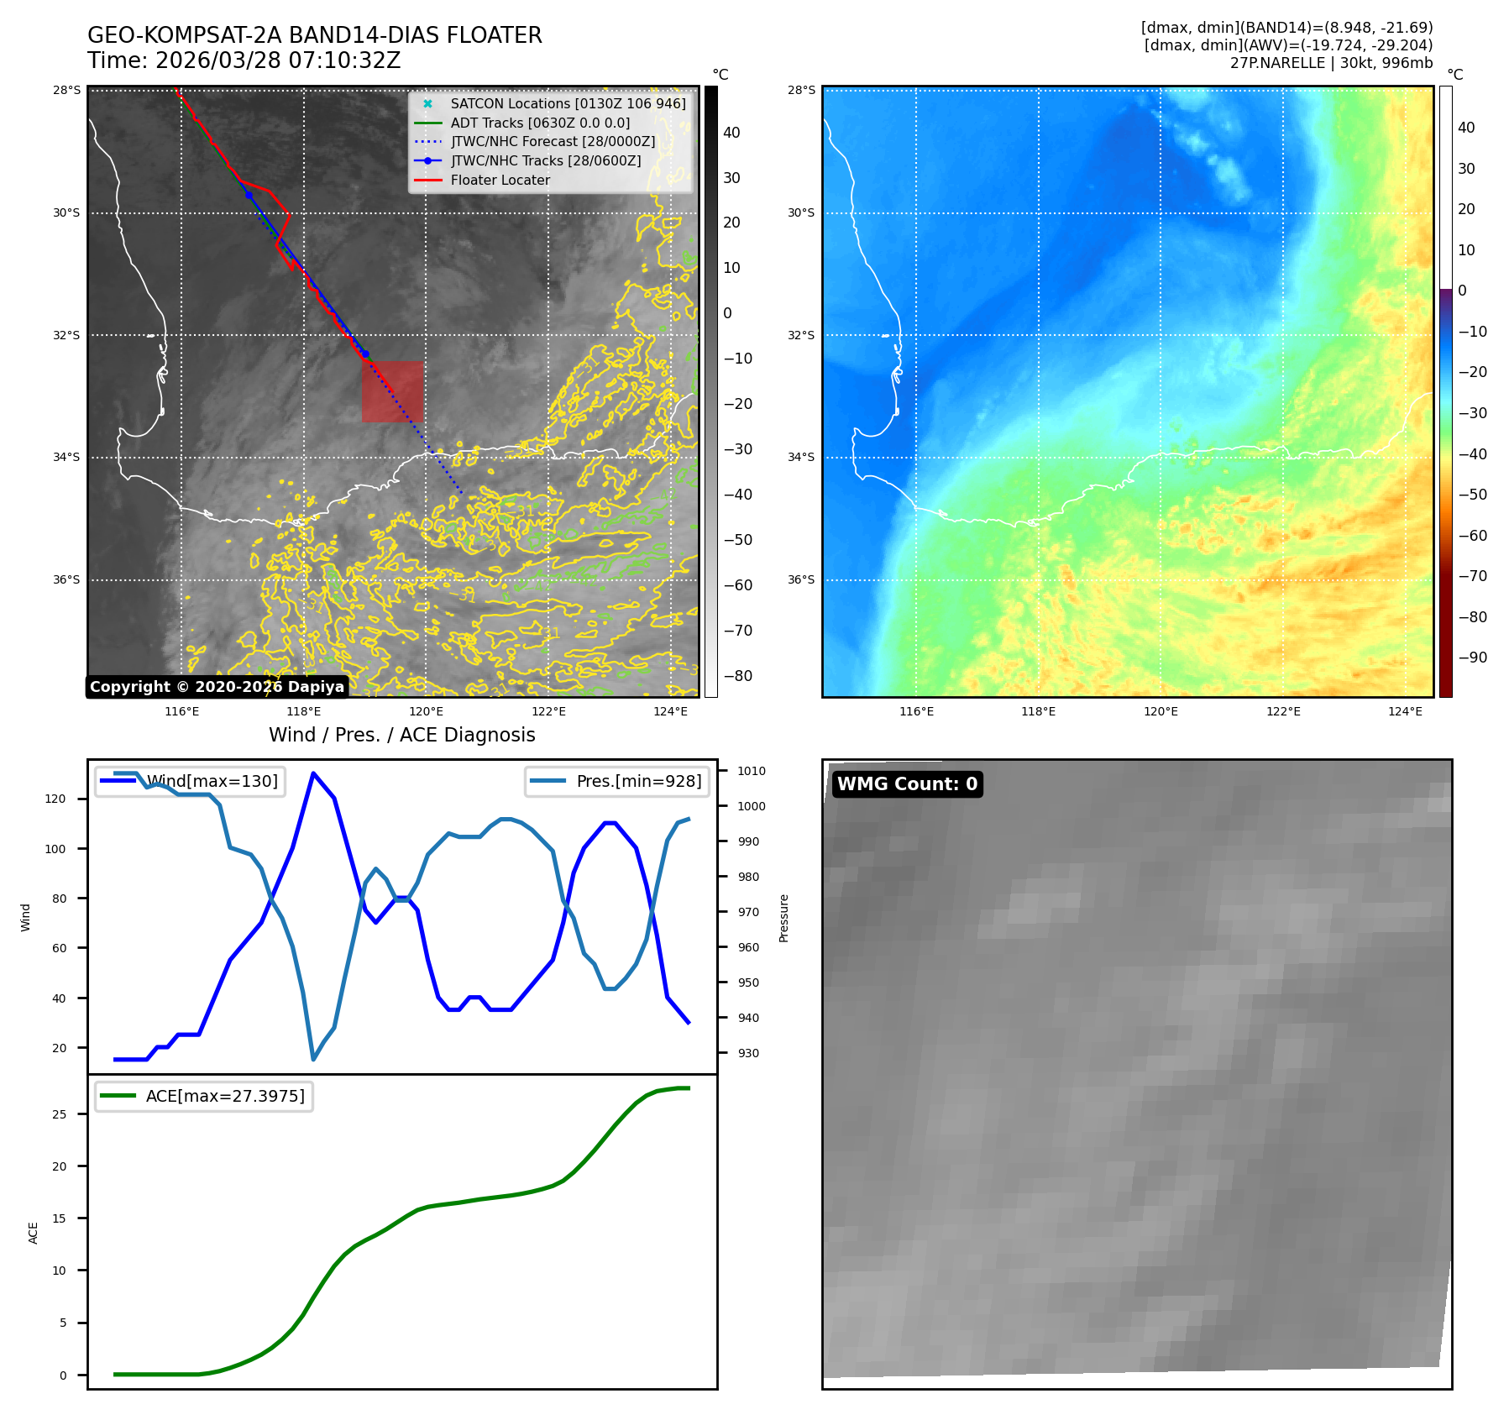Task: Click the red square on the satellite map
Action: [x=392, y=391]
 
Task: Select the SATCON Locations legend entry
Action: [x=568, y=103]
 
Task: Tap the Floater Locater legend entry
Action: [x=500, y=180]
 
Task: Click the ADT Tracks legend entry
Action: [x=540, y=123]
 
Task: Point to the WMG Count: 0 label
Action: [x=907, y=783]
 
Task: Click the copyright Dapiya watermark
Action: [x=217, y=687]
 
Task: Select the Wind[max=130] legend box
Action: [x=190, y=781]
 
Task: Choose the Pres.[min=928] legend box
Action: [x=617, y=781]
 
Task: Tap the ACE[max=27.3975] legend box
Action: [x=204, y=1096]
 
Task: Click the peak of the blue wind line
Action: [x=313, y=773]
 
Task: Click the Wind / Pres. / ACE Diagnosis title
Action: [x=401, y=735]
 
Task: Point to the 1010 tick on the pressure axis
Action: [x=751, y=771]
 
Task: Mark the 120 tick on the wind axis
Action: [x=55, y=799]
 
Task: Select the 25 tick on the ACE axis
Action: [x=59, y=1114]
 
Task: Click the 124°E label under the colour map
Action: [x=1405, y=711]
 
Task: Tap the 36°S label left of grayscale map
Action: [x=66, y=579]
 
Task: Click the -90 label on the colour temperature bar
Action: [x=1472, y=657]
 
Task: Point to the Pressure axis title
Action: [x=783, y=918]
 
